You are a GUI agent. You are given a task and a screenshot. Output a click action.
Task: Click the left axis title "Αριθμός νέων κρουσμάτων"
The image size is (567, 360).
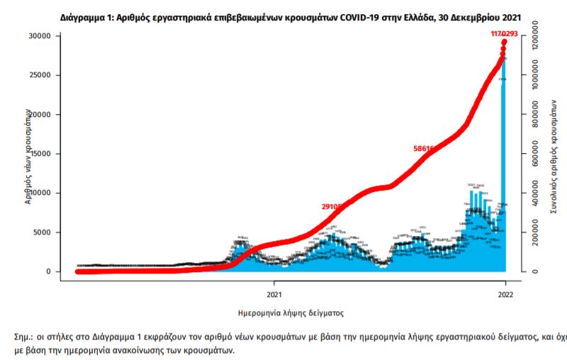[x=29, y=157]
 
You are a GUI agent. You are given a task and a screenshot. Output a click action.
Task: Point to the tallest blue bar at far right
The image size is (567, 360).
[x=503, y=170]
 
